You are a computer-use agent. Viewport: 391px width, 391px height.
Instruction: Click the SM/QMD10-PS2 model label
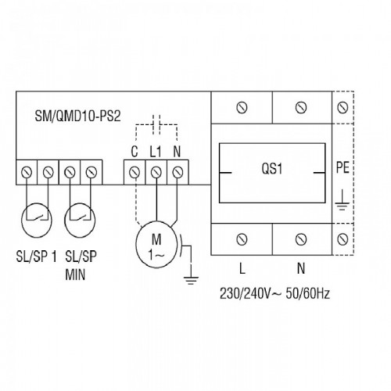[x=77, y=116]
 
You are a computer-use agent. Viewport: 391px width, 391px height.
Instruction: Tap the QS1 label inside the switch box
[x=272, y=169]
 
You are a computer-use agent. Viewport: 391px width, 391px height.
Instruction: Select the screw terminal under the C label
[x=135, y=172]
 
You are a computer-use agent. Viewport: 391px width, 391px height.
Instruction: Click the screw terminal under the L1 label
[x=156, y=172]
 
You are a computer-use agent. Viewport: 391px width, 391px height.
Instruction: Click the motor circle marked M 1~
[x=156, y=244]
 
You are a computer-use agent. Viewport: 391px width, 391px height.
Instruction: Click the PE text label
[x=343, y=167]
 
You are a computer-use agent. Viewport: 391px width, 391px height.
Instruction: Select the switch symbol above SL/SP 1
[x=37, y=221]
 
